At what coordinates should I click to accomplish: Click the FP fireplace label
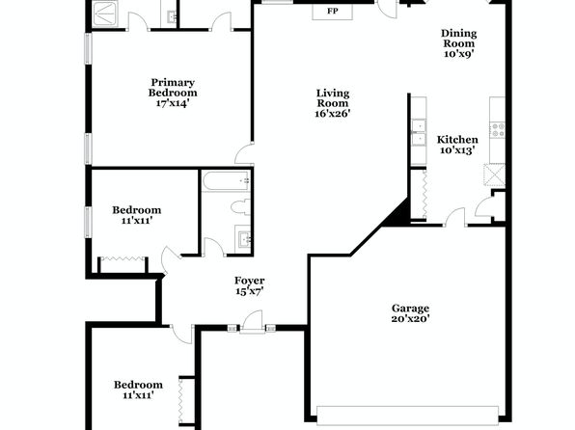(333, 11)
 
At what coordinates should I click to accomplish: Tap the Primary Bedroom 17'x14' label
(173, 93)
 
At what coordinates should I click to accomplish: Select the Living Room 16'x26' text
(333, 103)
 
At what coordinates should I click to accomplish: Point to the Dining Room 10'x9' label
(459, 43)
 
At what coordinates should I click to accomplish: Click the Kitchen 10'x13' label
(457, 145)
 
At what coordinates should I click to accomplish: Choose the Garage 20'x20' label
(410, 313)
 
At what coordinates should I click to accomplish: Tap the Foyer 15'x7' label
(249, 286)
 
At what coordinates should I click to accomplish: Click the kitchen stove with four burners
(498, 130)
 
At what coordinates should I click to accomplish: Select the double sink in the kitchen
(419, 132)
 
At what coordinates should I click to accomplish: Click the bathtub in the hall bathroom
(227, 180)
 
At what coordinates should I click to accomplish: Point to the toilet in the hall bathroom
(241, 206)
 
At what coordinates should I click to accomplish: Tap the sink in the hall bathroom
(243, 239)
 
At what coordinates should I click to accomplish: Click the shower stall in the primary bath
(105, 13)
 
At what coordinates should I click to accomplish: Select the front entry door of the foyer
(253, 323)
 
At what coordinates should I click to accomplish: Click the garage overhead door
(407, 416)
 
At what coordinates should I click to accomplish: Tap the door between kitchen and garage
(455, 217)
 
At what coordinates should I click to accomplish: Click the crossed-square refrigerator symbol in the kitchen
(494, 175)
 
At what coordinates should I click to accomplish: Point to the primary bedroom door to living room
(244, 154)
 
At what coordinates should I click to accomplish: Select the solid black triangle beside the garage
(397, 213)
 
